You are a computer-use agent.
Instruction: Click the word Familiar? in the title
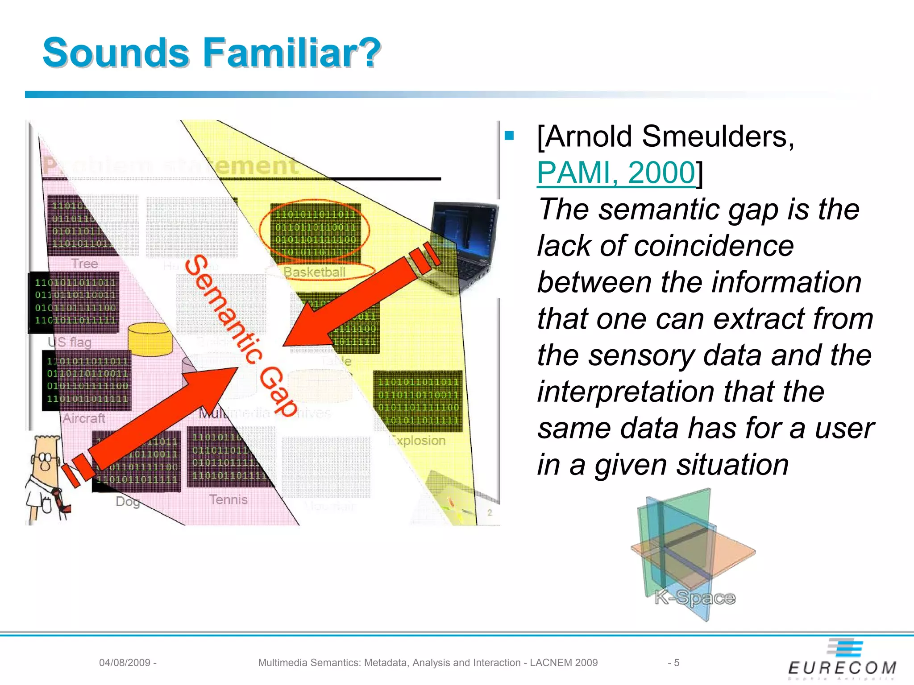291,53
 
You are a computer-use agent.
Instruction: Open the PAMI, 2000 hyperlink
616,173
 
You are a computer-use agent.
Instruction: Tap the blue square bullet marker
510,135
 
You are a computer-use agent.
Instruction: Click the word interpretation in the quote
625,392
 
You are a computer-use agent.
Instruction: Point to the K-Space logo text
694,598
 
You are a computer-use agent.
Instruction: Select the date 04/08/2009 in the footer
125,663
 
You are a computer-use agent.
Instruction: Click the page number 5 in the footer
677,663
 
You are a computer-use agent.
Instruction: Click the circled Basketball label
315,272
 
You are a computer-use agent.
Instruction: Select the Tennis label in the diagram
228,499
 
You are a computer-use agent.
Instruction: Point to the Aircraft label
84,418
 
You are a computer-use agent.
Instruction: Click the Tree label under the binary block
84,264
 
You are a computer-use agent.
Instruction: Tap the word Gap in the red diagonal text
278,392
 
